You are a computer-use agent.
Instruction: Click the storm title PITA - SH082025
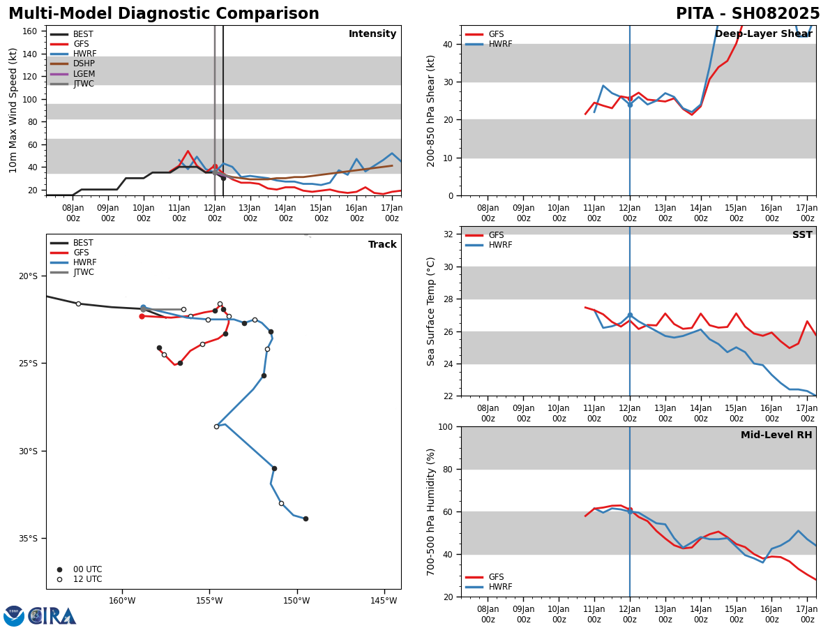[x=748, y=14]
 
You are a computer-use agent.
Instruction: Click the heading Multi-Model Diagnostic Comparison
[x=164, y=14]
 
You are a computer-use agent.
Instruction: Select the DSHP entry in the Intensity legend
[x=73, y=63]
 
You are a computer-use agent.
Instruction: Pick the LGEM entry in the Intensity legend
[x=73, y=73]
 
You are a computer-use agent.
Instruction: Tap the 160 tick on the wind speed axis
[x=29, y=31]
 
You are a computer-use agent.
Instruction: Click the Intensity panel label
[x=372, y=34]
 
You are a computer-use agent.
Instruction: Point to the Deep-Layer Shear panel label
[x=763, y=34]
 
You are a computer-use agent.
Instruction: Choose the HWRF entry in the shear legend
[x=488, y=44]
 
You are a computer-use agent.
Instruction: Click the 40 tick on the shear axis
[x=448, y=44]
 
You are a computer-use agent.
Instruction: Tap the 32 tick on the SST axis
[x=448, y=234]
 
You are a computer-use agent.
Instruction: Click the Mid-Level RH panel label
[x=776, y=435]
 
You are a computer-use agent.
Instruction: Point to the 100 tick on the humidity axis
[x=445, y=426]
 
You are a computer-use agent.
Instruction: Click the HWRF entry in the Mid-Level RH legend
[x=488, y=587]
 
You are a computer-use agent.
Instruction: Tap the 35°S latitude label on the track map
[x=28, y=539]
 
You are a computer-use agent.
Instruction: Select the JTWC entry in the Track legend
[x=73, y=272]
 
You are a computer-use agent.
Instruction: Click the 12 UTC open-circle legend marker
[x=59, y=580]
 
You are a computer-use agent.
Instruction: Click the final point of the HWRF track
[x=306, y=519]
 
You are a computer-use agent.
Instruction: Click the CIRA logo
[x=40, y=615]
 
